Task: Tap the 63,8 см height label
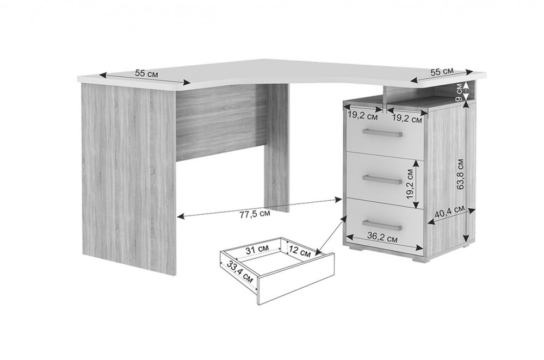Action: coord(461,174)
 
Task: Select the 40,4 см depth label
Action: coord(450,212)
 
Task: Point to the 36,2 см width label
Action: coord(382,238)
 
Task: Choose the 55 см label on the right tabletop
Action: coord(442,72)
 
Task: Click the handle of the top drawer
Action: coord(382,133)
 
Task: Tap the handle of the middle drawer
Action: coord(382,179)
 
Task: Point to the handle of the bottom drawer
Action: coord(382,225)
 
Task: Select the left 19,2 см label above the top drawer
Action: coord(362,117)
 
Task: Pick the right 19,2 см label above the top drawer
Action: coord(407,120)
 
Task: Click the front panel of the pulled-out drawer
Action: coord(296,278)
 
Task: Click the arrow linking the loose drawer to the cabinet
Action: coord(332,234)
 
